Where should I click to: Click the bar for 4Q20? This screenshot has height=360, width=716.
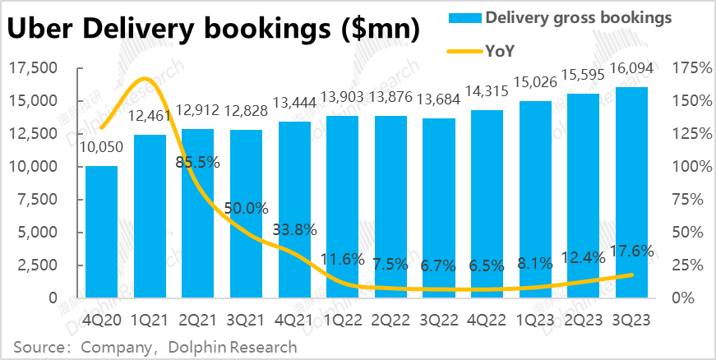click(x=101, y=232)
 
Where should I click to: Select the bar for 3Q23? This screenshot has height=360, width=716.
click(x=634, y=192)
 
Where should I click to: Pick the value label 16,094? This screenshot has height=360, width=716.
click(x=634, y=76)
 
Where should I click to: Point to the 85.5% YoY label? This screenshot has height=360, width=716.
click(x=197, y=162)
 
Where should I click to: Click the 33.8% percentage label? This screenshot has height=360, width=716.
click(x=294, y=230)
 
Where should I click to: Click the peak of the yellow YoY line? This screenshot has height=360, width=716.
click(x=146, y=79)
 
